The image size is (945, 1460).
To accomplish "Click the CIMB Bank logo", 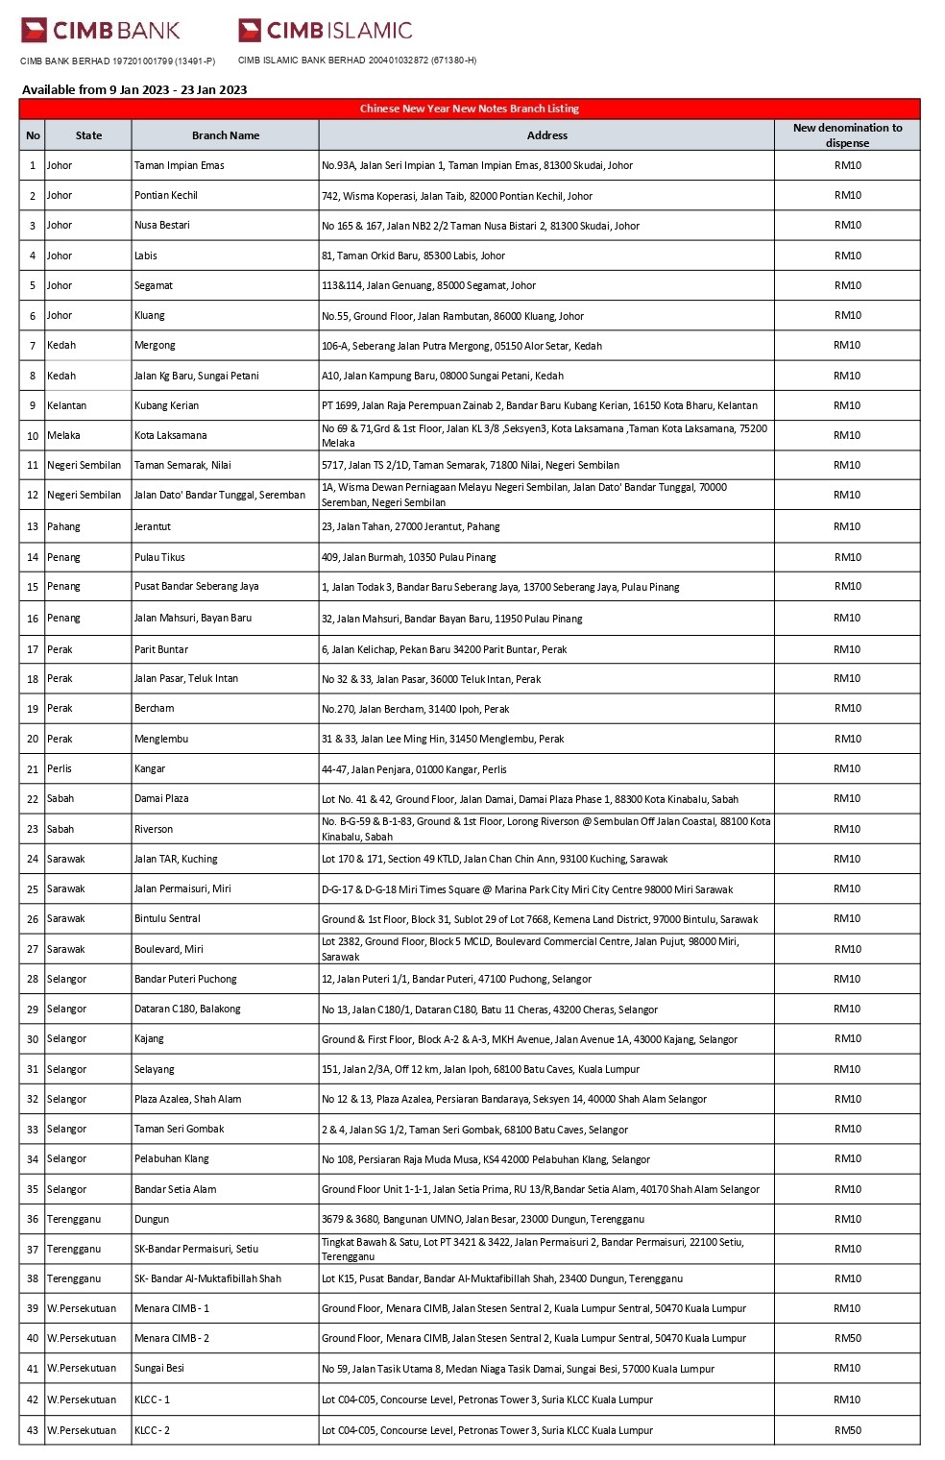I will pos(100,31).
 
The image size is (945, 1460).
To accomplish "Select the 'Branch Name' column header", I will pos(226,135).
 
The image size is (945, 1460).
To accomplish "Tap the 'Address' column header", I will pos(546,135).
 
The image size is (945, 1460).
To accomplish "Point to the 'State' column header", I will pos(88,135).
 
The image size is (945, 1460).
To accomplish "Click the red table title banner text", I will pos(469,109).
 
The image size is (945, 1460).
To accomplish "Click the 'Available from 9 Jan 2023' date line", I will pos(134,89).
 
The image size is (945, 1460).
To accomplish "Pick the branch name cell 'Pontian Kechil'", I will pos(166,195).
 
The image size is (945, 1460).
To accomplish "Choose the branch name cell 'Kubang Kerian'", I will pos(166,405).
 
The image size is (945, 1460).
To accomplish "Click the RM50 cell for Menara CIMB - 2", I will pos(847,1338).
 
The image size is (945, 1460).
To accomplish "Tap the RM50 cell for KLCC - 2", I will pos(847,1430).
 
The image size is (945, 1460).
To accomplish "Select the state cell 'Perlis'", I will pos(60,768).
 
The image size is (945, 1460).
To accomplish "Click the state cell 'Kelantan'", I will pos(66,405).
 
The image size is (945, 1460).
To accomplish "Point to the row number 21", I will pos(33,769).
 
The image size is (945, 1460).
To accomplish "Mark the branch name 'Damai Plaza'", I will pos(161,798).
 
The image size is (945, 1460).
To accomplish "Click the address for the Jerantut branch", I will pos(410,526).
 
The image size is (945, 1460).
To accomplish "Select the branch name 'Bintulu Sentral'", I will pos(167,918).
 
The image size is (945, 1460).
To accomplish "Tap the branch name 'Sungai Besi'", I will pos(159,1368).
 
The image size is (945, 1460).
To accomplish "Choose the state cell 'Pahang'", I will pos(63,526).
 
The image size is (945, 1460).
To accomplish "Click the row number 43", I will pos(33,1430).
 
